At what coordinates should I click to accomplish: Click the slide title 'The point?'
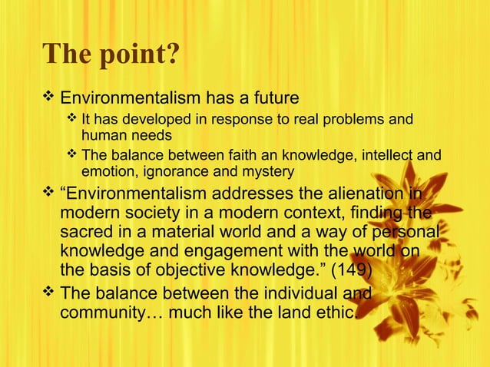pyautogui.click(x=112, y=55)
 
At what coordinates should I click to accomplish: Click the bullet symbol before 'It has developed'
pyautogui.click(x=71, y=119)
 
